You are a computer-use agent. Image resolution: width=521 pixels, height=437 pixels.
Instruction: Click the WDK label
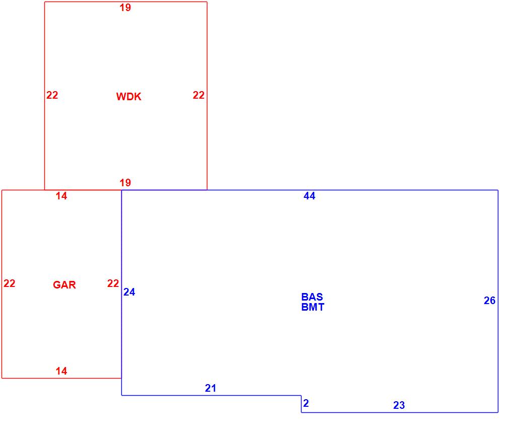128,96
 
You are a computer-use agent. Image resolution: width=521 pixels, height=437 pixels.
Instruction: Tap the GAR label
64,285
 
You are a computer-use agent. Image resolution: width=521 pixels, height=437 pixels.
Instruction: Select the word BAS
312,297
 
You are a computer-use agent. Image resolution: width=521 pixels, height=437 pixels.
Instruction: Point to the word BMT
313,307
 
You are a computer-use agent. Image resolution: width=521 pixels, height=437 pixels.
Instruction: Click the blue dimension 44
310,196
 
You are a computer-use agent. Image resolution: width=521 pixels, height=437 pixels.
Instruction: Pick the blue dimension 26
489,301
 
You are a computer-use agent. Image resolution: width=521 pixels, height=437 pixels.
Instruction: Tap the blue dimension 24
129,292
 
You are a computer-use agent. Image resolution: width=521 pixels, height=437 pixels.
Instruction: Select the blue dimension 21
210,388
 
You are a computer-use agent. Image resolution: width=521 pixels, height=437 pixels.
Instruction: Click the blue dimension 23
399,405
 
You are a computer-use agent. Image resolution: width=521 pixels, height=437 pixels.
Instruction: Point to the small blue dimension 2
306,403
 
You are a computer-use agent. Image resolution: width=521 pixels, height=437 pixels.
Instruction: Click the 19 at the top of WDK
125,8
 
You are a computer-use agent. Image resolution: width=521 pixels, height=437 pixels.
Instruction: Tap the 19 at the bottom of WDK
125,182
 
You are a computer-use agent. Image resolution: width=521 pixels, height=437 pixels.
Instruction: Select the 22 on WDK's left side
52,95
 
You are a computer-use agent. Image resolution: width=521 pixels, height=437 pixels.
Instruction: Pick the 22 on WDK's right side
199,95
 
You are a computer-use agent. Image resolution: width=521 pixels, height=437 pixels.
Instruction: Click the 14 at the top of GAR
61,196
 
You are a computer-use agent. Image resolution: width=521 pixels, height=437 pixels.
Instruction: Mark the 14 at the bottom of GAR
61,371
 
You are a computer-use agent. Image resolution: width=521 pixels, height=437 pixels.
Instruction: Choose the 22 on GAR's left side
9,283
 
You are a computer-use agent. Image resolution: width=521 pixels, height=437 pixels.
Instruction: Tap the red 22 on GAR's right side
113,283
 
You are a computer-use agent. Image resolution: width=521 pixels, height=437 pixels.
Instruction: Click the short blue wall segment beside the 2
302,404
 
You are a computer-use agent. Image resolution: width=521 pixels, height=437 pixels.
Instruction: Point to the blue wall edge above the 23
400,412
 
